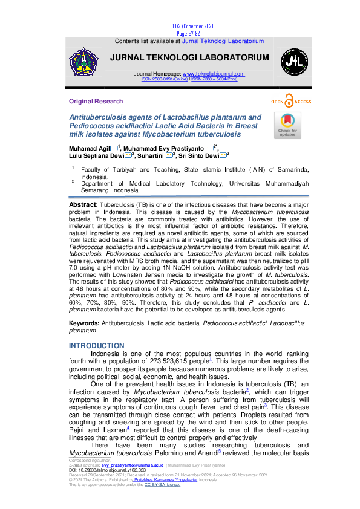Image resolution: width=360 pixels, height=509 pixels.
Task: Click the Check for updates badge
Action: (x=287, y=126)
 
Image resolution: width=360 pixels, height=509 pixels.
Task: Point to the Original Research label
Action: (x=96, y=101)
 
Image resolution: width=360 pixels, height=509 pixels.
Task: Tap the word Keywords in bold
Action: (x=85, y=324)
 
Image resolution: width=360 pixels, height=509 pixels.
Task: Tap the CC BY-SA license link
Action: (x=162, y=484)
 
